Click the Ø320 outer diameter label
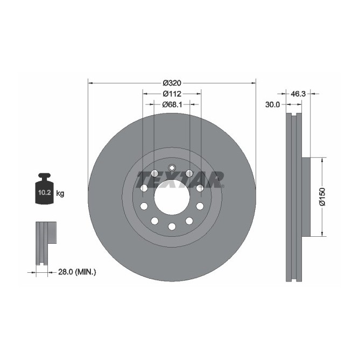click(172, 83)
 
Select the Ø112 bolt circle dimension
click(172, 94)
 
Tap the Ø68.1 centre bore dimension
click(172, 104)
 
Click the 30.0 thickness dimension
click(273, 105)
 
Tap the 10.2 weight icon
click(43, 190)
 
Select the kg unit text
click(60, 193)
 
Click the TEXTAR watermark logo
click(180, 179)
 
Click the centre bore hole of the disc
click(172, 196)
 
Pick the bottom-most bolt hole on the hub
click(172, 227)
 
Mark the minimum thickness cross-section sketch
click(45, 242)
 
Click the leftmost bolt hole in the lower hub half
click(144, 206)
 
